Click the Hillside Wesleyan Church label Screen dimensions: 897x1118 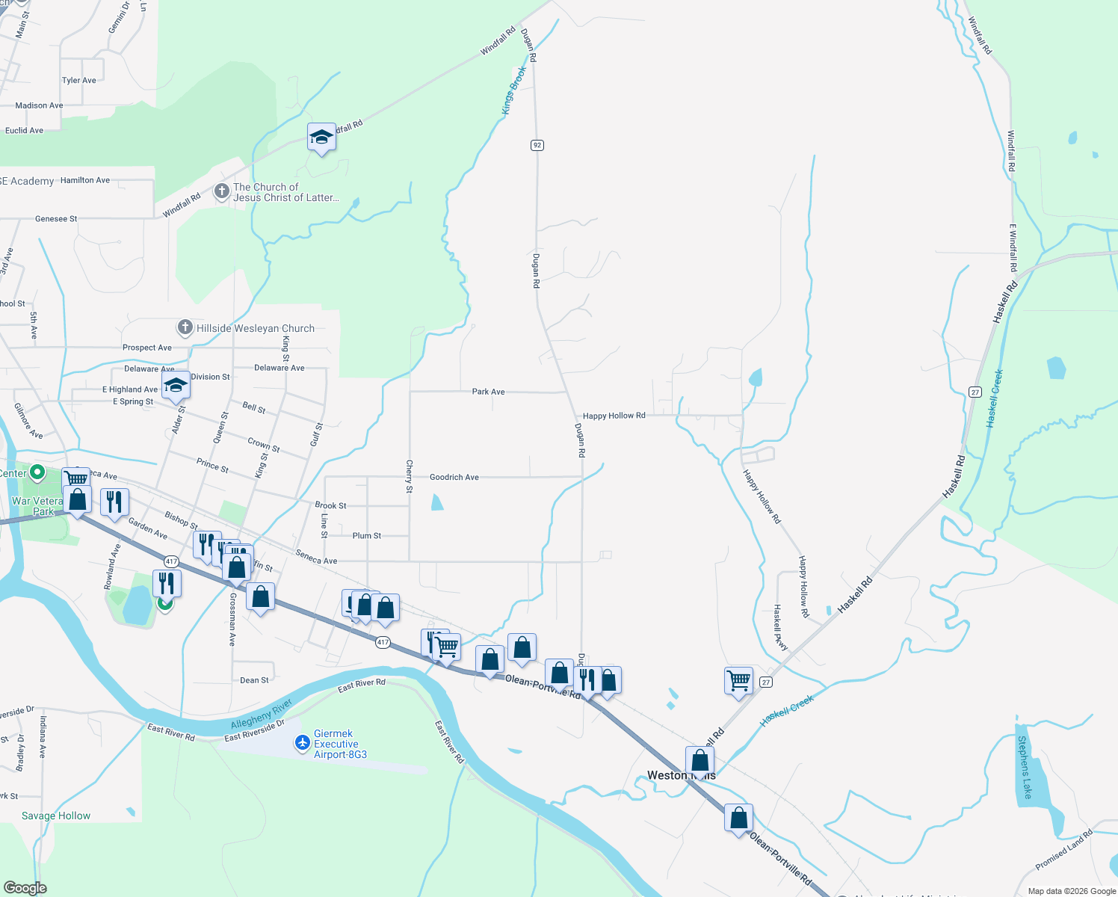tap(255, 328)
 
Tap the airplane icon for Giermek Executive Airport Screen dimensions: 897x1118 tap(303, 742)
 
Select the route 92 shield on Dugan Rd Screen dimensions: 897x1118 tap(537, 145)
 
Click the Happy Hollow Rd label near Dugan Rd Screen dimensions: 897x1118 tap(614, 416)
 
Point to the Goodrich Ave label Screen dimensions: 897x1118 tap(454, 477)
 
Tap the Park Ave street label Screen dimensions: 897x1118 tap(488, 392)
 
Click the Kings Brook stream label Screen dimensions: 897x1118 tap(513, 90)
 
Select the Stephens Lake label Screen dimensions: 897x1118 tap(1025, 767)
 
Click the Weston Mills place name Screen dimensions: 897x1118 tap(681, 775)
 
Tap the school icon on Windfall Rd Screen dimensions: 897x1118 tap(321, 138)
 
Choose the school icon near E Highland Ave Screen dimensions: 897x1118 tap(176, 386)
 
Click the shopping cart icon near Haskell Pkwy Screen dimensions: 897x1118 tap(738, 680)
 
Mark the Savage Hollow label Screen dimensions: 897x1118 tap(56, 816)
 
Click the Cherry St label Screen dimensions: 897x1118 tap(409, 476)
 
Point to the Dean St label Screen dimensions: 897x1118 tap(254, 680)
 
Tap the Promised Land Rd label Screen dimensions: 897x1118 tap(1063, 850)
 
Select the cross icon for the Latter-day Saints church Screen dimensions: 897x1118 tap(222, 192)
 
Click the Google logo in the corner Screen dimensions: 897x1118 tap(25, 887)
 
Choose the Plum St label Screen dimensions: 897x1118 tap(366, 536)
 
